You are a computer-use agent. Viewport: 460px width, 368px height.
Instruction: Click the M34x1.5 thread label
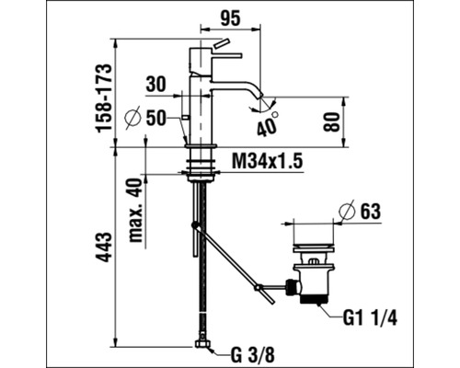(267, 161)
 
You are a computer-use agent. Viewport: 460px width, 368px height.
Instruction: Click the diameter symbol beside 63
(347, 212)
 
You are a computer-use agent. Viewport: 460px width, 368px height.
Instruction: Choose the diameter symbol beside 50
(130, 118)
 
